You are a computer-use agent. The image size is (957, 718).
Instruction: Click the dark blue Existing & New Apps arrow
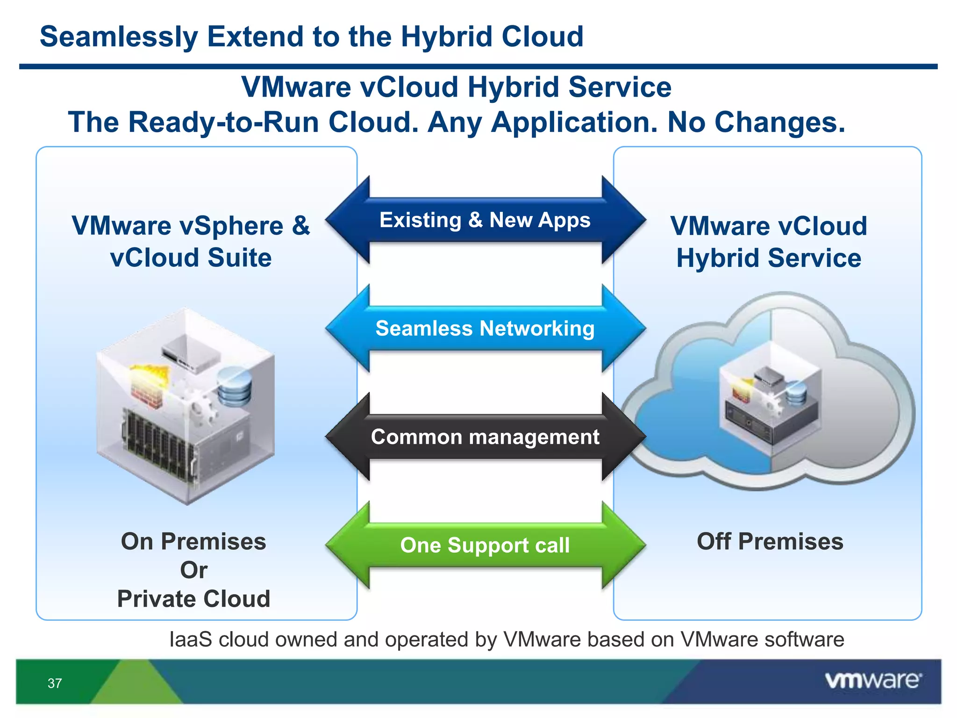pos(485,220)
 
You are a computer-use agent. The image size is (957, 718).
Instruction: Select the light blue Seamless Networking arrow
pos(485,328)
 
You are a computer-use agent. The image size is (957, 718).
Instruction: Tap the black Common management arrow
pos(485,437)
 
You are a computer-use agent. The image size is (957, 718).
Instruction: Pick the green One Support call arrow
pos(485,545)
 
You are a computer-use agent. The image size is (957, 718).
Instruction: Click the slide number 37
pos(55,683)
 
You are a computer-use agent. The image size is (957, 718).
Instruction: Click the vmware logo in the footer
pos(873,681)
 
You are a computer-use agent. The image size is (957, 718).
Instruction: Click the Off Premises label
pos(770,541)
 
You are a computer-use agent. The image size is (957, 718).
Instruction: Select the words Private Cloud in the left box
pos(193,599)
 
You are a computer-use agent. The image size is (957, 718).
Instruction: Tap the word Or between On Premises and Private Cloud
pos(193,570)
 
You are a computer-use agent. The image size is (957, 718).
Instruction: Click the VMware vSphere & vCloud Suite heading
pos(191,241)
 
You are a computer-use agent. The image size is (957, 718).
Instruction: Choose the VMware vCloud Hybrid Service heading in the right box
pos(769,241)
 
